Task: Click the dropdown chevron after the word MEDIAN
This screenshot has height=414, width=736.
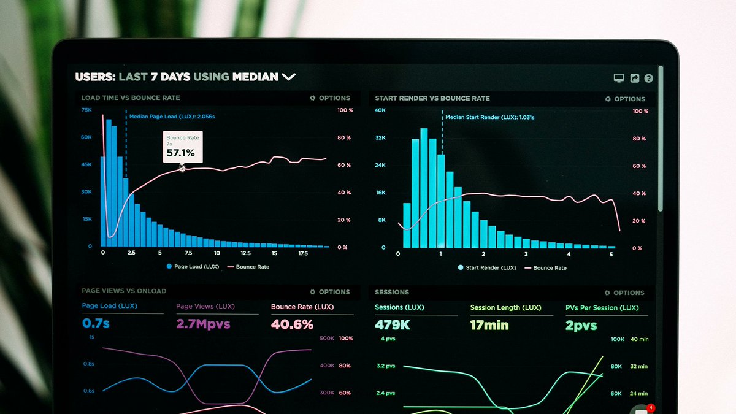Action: coord(288,77)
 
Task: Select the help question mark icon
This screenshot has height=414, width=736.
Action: coord(648,79)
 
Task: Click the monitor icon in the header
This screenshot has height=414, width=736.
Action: coord(619,79)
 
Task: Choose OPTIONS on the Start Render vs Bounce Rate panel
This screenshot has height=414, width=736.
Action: coord(625,99)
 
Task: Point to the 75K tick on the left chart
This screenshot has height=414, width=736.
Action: coord(86,110)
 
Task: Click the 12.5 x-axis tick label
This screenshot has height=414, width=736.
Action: coord(245,253)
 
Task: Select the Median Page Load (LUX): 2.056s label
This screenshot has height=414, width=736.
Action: coord(172,116)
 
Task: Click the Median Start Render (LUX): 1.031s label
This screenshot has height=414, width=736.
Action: coord(489,117)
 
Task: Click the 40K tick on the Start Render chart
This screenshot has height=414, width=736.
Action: coord(380,110)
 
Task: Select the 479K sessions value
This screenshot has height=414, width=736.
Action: coord(393,325)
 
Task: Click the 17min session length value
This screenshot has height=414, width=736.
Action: coord(489,325)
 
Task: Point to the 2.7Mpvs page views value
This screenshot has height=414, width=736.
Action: coord(203,324)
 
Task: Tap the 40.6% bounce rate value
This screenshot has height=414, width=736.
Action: coord(292,324)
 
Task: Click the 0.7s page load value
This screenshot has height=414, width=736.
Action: coord(96,323)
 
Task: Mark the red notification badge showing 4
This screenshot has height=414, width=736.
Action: coord(651,408)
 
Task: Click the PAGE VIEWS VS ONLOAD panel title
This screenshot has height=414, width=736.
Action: coord(124,291)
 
